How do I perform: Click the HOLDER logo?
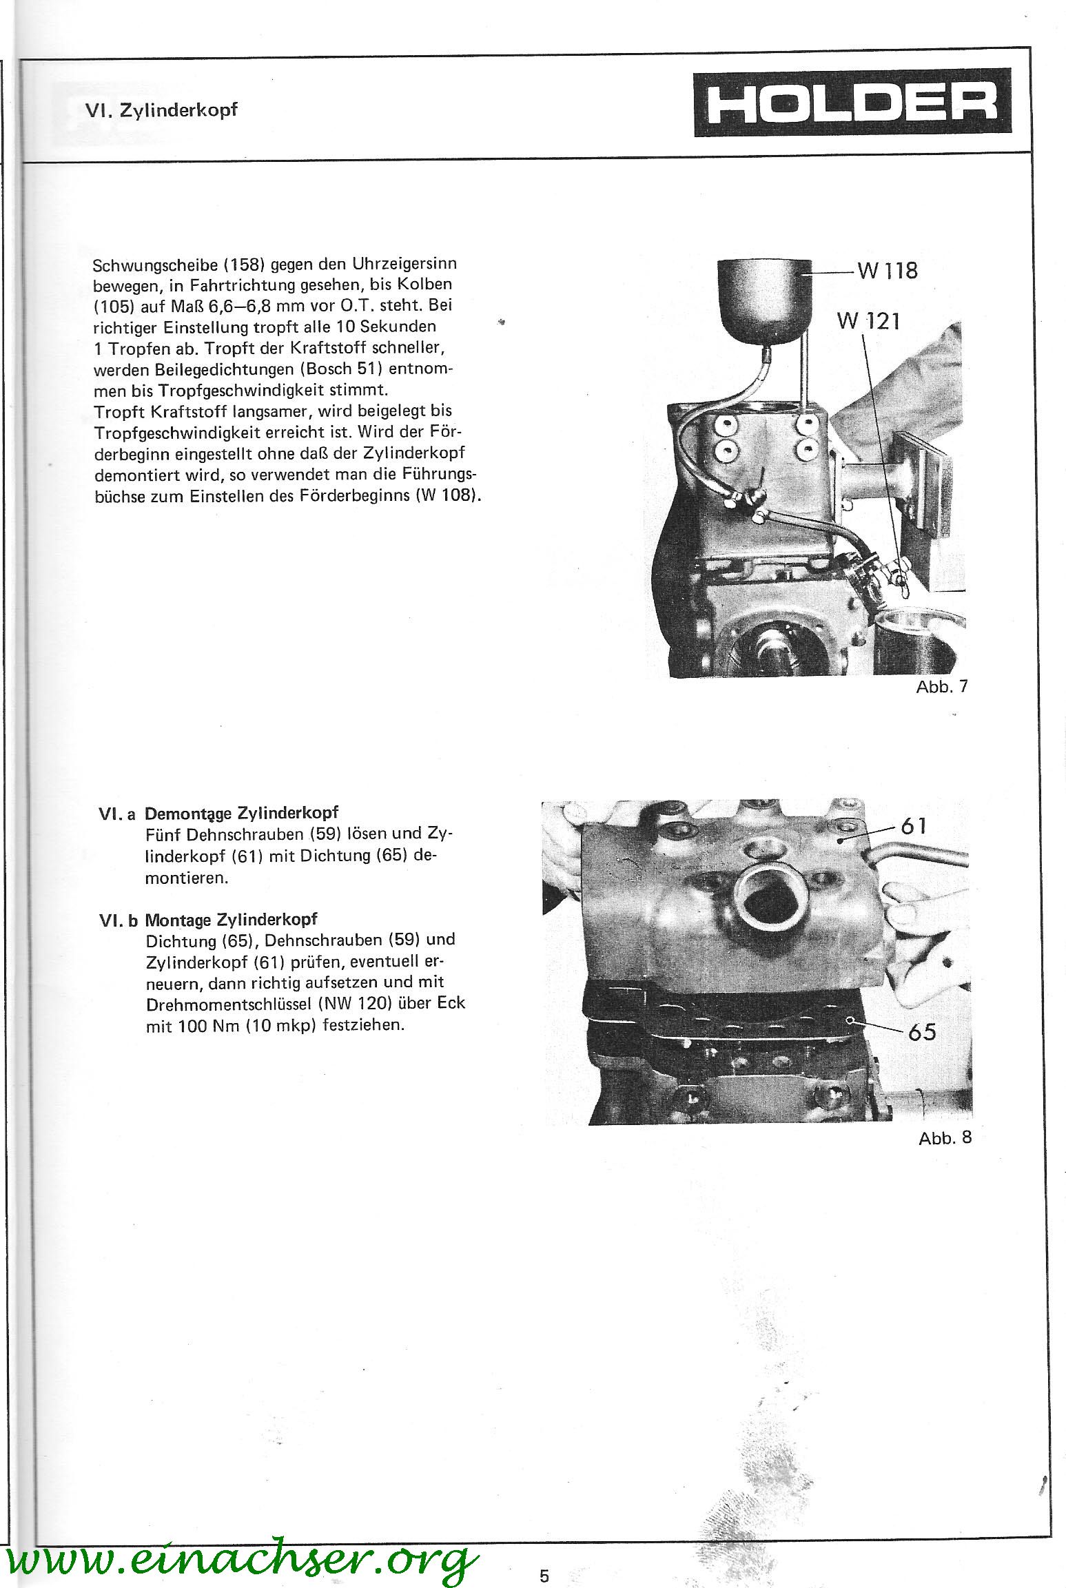point(852,103)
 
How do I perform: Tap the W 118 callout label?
point(888,271)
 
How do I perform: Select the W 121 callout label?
point(868,321)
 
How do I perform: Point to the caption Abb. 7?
point(941,687)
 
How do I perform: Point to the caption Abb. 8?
point(945,1137)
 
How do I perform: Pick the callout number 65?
point(922,1032)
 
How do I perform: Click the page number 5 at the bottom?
point(544,1556)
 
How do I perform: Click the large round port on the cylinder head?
point(768,900)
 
